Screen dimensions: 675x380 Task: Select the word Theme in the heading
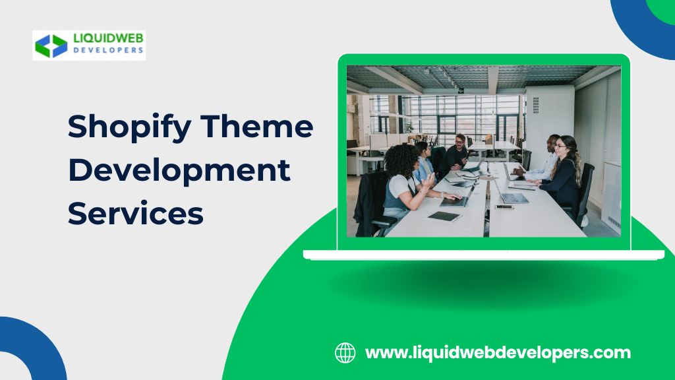coord(257,125)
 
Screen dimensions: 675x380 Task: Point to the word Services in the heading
coord(136,213)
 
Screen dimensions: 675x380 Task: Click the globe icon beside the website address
coord(345,353)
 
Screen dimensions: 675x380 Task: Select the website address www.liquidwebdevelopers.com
coord(498,353)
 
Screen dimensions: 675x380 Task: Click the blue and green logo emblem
coord(51,46)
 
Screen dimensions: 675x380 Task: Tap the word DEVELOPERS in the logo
coord(108,50)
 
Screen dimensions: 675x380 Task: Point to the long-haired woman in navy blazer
coord(562,172)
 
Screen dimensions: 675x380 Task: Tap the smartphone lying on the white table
coord(504,207)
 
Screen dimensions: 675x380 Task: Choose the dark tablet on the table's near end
coord(445,216)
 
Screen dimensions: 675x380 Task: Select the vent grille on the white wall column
coord(535,105)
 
